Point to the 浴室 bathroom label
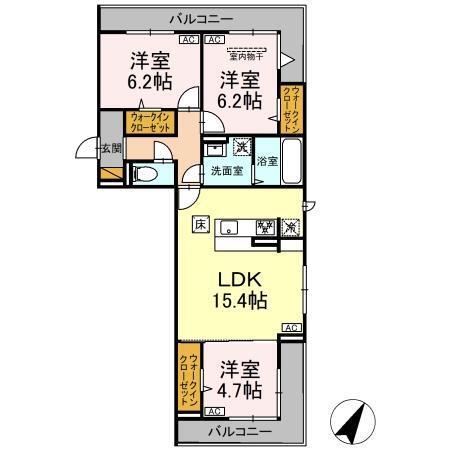[x=266, y=161]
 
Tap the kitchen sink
[x=229, y=227]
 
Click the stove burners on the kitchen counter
[x=266, y=228]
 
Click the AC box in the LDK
[x=290, y=327]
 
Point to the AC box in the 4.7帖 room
[x=212, y=410]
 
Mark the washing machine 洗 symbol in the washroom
[x=241, y=148]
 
